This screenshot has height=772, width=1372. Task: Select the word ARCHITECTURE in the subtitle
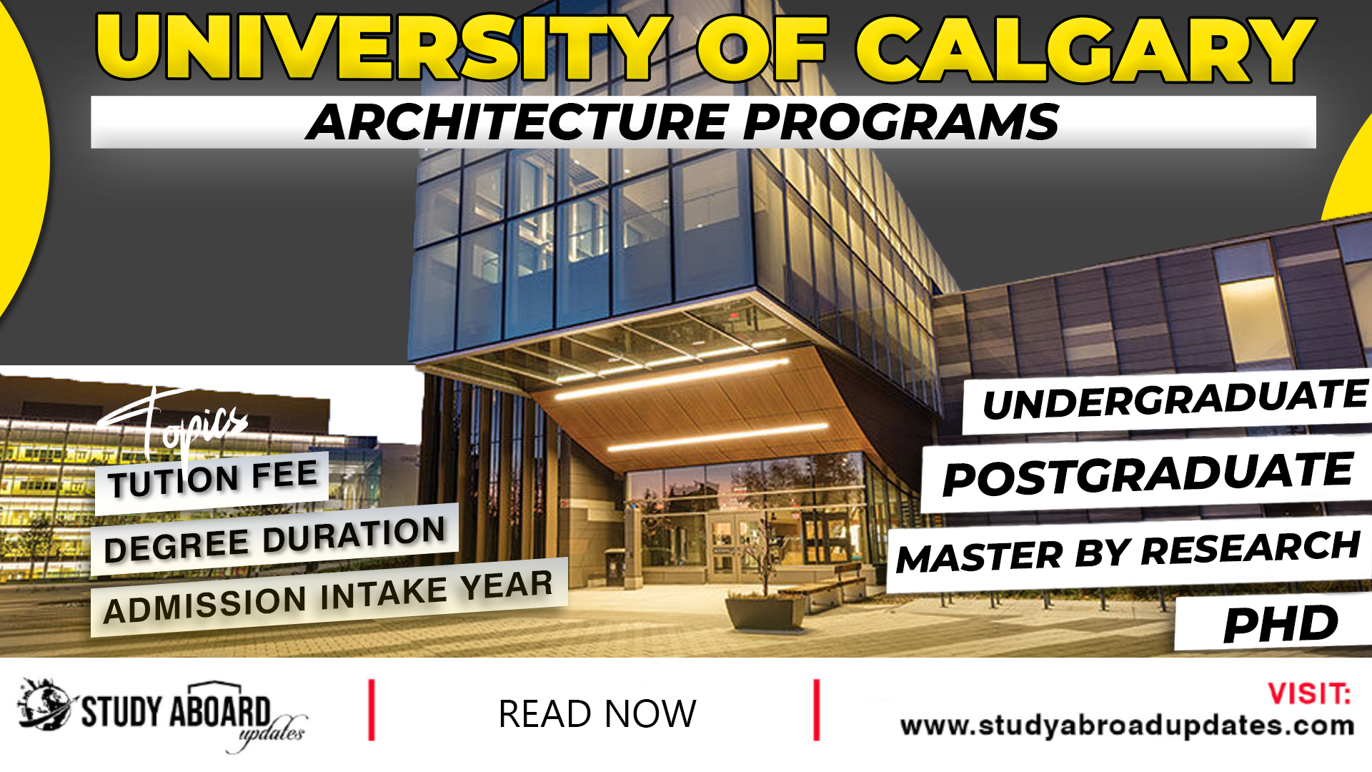point(518,122)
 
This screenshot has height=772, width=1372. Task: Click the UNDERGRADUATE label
point(1175,400)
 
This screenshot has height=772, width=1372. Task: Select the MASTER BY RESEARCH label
point(1128,553)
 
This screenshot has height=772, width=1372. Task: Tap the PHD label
point(1280,625)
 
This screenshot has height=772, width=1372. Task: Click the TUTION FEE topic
point(213,479)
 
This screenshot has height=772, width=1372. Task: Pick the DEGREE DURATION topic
point(274,540)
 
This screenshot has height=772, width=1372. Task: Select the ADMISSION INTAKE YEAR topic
point(328,597)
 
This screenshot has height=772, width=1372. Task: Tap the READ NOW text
point(597,714)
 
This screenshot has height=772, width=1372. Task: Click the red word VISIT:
point(1309,694)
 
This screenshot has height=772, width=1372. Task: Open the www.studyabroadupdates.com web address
point(1127,726)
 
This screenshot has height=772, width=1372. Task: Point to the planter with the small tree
point(765,611)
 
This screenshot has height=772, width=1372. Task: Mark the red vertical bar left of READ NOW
point(372,710)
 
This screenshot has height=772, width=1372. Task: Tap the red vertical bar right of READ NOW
point(817,710)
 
